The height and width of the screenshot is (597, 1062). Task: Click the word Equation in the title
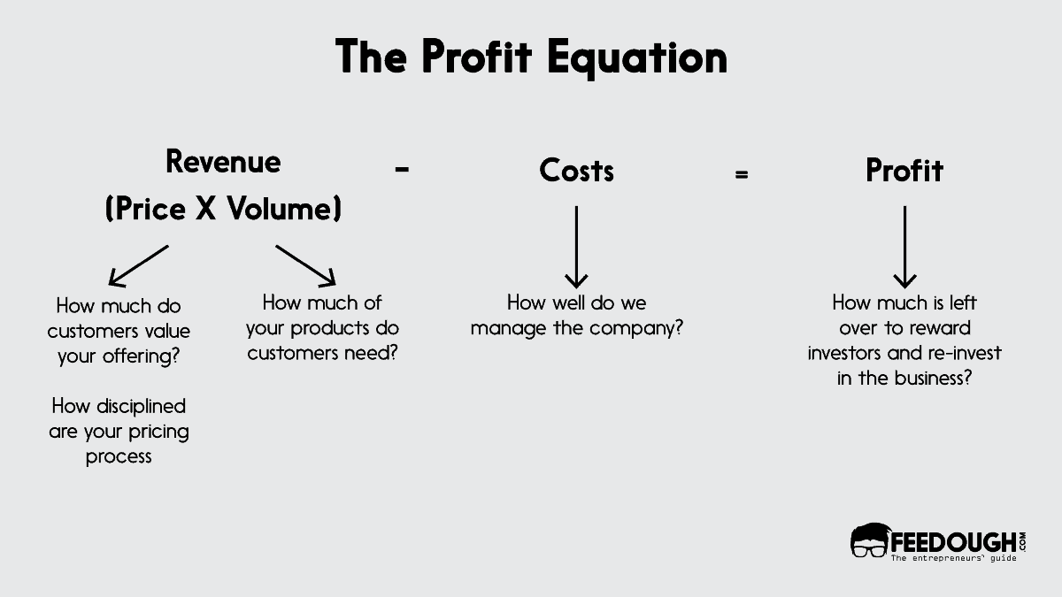point(636,57)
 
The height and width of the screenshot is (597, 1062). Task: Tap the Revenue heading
point(223,162)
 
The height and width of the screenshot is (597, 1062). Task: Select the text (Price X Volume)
point(223,210)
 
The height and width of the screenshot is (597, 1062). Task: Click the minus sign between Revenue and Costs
point(402,170)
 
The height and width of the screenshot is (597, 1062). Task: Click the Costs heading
point(576,171)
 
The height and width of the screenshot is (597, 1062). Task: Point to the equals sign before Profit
point(741,174)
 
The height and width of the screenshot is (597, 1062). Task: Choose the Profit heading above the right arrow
point(904,171)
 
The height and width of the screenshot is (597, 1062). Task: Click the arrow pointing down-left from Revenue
point(138,265)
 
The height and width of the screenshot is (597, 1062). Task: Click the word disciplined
point(140,406)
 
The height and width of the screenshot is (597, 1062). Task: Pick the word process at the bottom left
point(119,457)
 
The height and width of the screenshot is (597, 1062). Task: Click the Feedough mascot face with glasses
point(868,541)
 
